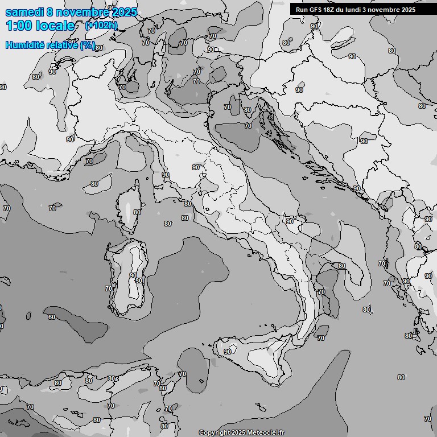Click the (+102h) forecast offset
point(101,25)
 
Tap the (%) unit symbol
point(88,45)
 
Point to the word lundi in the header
point(357,10)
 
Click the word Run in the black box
point(302,10)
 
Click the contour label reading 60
point(51,317)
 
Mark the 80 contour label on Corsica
point(137,212)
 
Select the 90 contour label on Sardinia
point(133,275)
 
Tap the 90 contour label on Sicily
point(228,352)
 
